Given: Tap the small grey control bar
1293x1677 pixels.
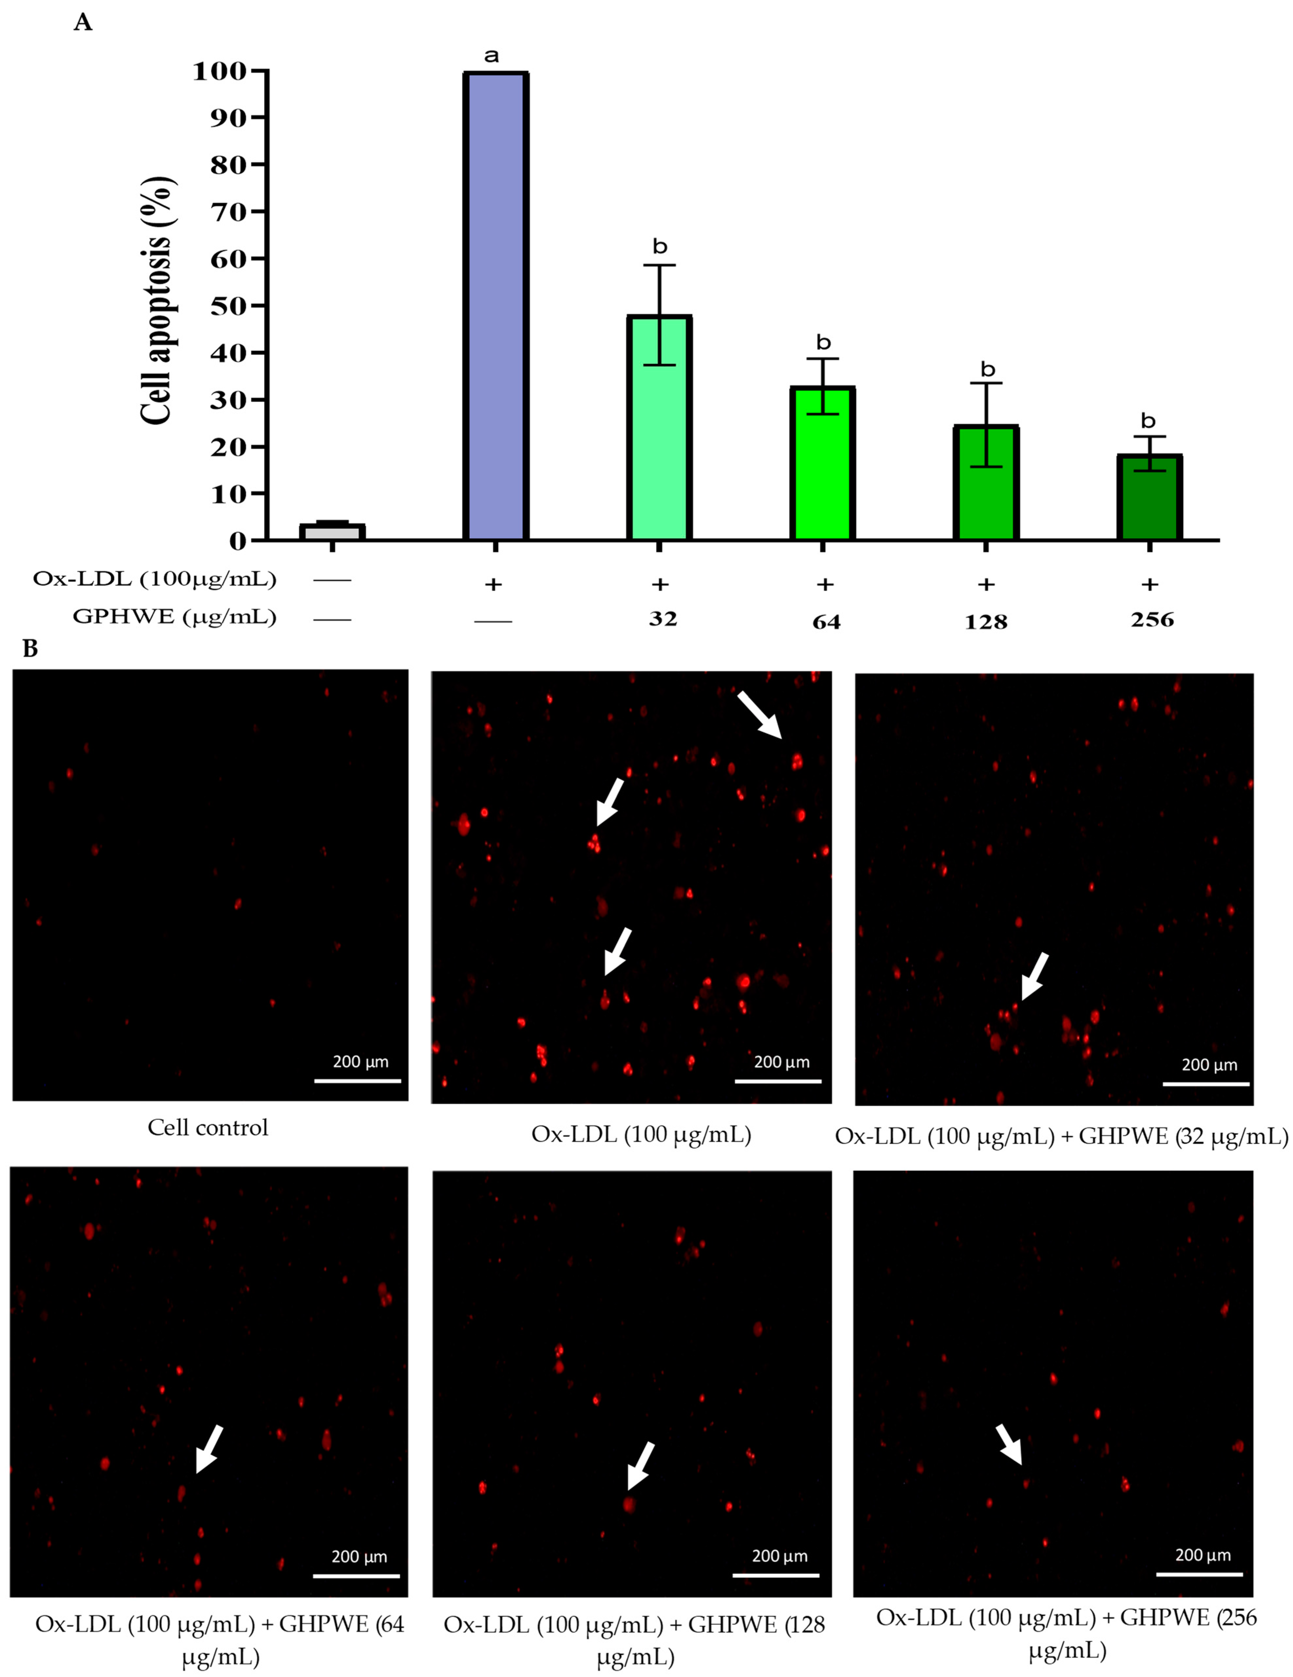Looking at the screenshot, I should click(332, 531).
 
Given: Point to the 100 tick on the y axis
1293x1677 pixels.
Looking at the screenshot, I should click(229, 71).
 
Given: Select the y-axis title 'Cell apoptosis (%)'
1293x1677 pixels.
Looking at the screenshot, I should click(157, 299).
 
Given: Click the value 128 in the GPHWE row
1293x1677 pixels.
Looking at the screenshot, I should click(986, 622).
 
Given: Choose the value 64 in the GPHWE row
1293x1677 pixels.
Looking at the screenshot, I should click(826, 622).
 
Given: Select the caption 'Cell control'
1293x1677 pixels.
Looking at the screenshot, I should click(208, 1128).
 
